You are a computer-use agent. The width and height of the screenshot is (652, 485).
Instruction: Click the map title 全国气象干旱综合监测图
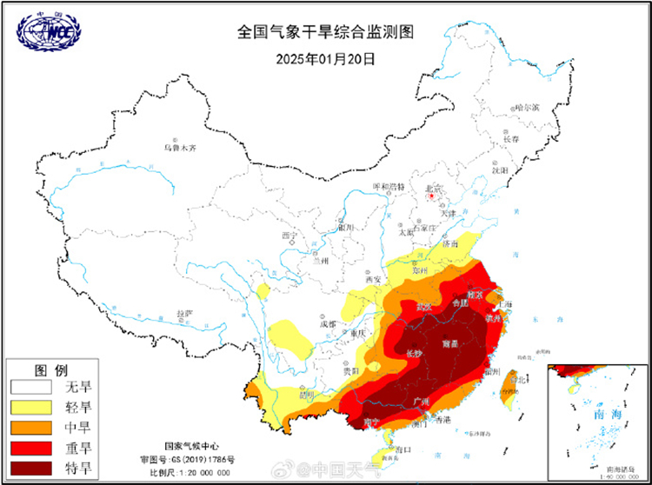point(325,32)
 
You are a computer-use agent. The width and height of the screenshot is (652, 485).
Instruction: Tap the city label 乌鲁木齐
point(180,148)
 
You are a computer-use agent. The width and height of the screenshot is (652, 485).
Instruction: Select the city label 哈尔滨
point(526,108)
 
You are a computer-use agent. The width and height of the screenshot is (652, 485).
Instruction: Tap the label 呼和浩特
point(389,187)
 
